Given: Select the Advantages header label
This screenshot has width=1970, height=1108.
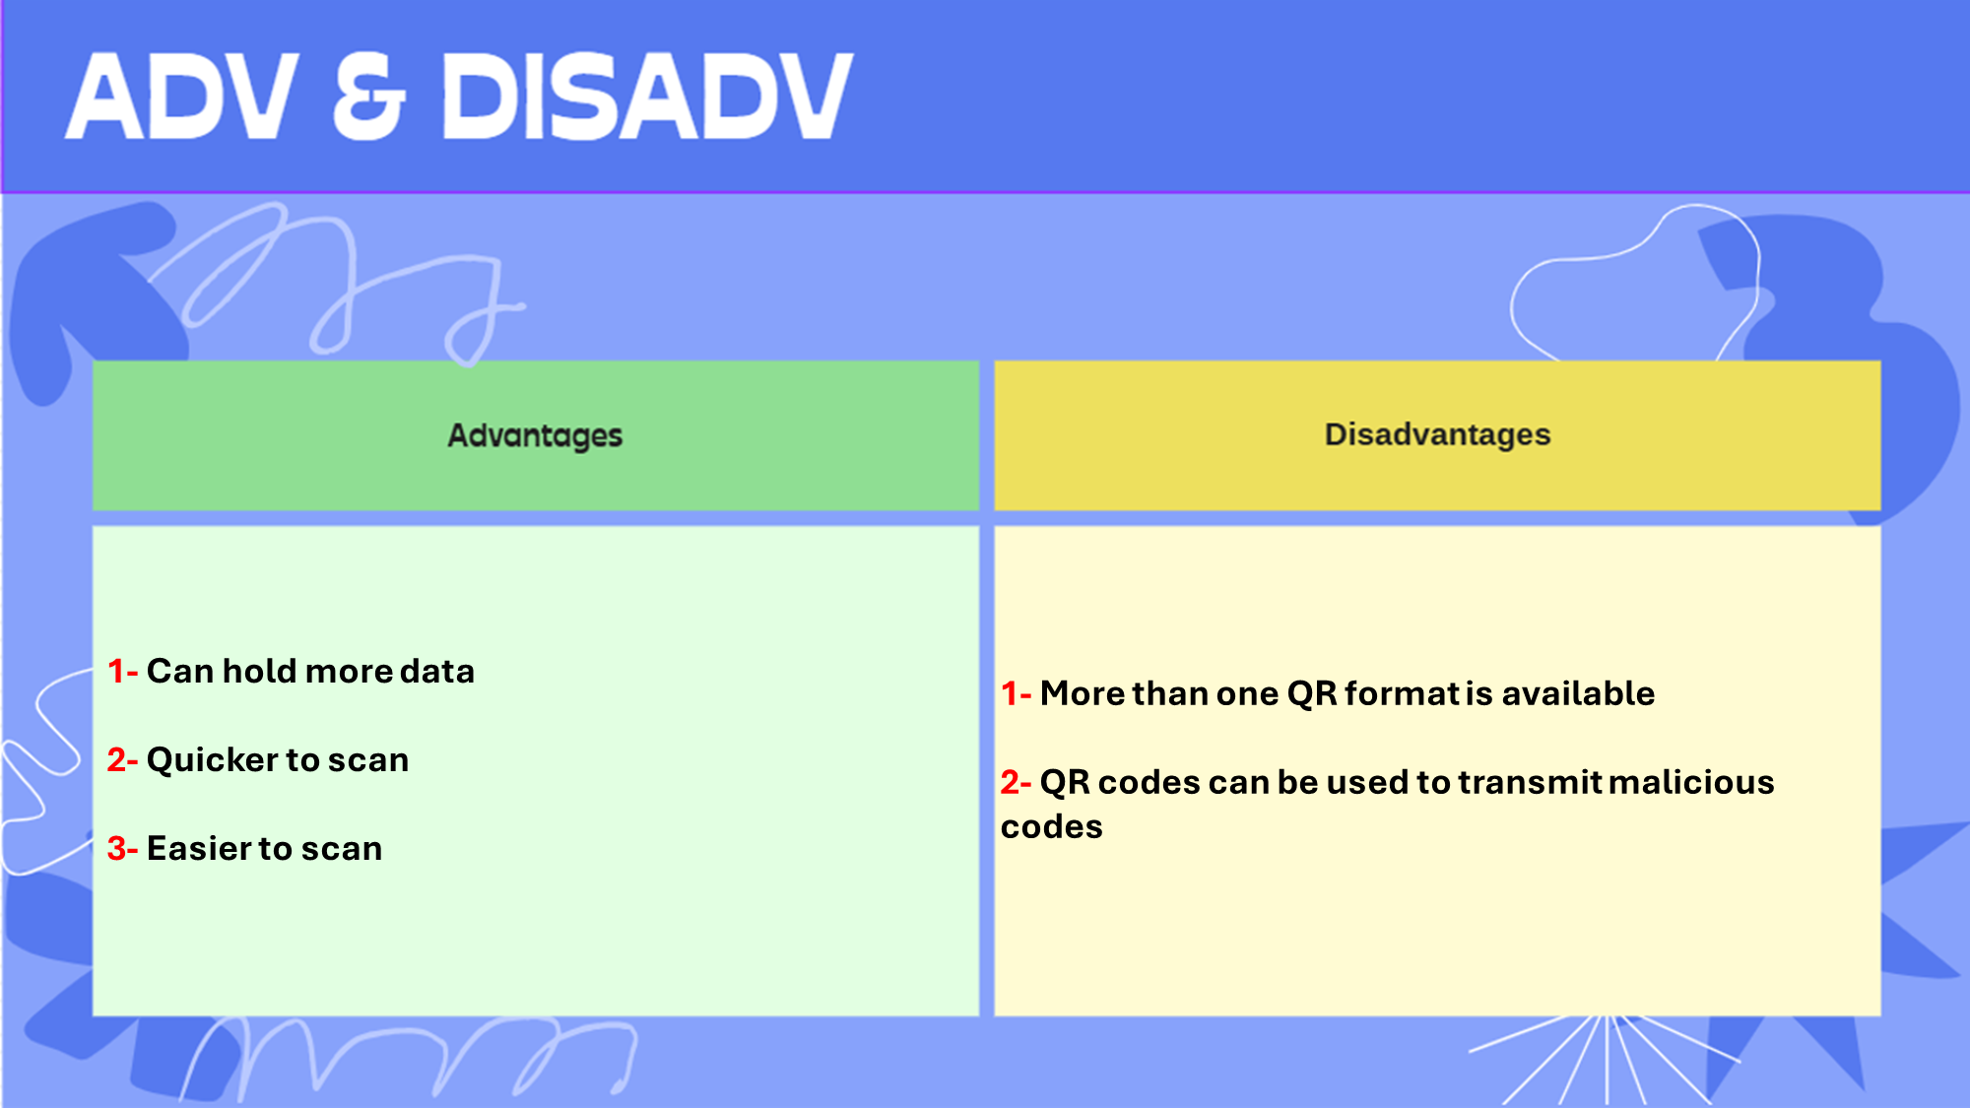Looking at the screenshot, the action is coord(535,435).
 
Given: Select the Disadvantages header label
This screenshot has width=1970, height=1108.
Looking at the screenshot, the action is coord(1437,434).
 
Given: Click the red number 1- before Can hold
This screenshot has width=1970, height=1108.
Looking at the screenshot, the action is coord(122,672).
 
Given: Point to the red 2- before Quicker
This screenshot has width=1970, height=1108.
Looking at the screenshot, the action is coord(122,760).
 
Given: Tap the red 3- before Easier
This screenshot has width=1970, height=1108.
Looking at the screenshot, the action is coord(122,849).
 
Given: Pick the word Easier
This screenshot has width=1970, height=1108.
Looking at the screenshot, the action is coord(200,849).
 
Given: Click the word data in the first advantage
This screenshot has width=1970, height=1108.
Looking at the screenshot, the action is coord(436,672).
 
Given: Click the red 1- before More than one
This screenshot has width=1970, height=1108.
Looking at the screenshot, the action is coord(1016,694).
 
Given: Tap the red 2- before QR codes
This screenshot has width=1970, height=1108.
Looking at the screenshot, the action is coord(1016,783).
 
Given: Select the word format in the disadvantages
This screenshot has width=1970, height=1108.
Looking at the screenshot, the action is coord(1403,694).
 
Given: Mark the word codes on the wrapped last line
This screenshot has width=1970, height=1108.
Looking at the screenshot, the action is coord(1051,827).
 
